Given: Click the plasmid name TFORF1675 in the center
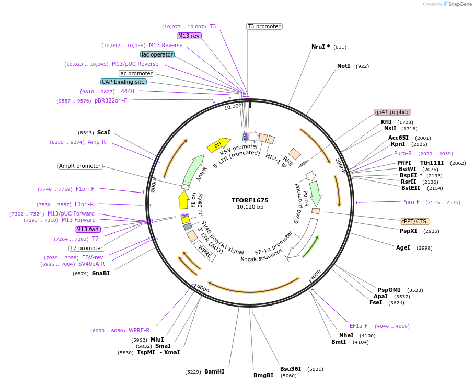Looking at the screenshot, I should coord(250,200).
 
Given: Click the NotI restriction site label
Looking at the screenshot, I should coord(343,66).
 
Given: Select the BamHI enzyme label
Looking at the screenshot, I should coord(214,371).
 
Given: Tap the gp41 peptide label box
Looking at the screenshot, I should coord(392,112).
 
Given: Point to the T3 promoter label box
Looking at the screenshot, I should coord(264,26).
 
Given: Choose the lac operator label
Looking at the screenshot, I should coord(157,54).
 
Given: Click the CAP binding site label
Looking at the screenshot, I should coord(123,82).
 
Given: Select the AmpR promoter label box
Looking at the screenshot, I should coord(80,166).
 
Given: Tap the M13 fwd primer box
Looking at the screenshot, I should coord(88,229).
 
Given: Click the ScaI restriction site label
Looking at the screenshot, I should coord(103,133).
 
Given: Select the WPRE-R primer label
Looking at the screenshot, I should coord(139,330).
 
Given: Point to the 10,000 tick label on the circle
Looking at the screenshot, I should coord(233,106).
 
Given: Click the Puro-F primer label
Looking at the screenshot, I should coord(411,202).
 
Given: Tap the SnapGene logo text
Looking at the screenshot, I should coord(458,4).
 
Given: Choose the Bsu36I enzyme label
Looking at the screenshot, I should coord(290,369).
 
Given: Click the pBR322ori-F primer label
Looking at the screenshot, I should coord(111,100).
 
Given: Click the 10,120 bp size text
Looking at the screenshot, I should coord(250,207).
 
